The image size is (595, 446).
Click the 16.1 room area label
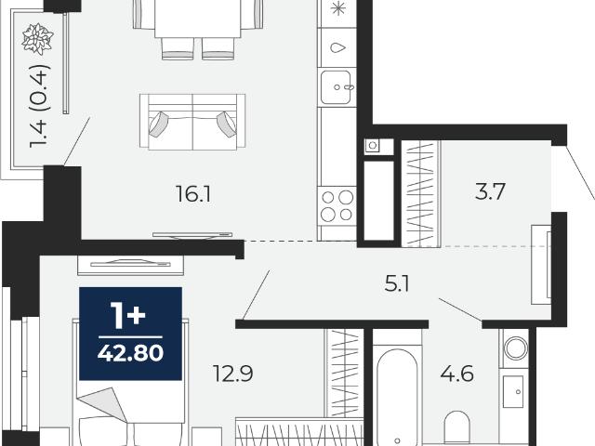(193, 193)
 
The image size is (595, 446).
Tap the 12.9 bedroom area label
(233, 374)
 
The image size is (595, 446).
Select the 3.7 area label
(490, 191)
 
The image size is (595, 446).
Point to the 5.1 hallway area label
(397, 283)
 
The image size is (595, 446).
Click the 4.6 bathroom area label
(456, 374)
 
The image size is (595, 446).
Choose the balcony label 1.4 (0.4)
(39, 106)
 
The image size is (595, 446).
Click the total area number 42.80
(130, 353)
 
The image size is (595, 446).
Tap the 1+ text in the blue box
(127, 316)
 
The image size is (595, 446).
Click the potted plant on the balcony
(37, 38)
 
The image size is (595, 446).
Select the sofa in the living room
(192, 122)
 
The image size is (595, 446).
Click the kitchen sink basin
(336, 87)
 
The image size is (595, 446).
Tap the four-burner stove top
(337, 206)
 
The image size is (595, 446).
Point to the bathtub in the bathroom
(397, 398)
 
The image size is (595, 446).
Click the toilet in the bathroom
(456, 427)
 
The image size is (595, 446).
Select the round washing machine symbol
(515, 348)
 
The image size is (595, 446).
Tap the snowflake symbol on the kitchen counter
(337, 8)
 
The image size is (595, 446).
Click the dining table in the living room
(197, 19)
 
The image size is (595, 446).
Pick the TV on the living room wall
(192, 235)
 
